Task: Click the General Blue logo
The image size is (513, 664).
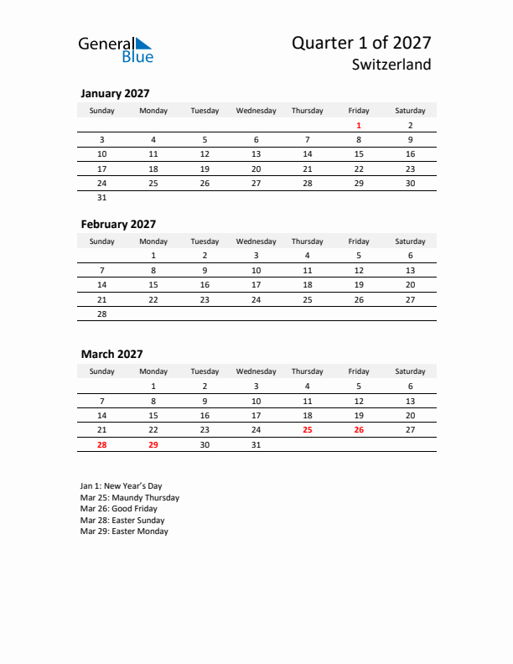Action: (x=116, y=49)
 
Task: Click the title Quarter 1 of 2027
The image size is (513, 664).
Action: (x=361, y=43)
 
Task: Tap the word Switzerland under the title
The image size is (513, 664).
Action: (x=392, y=65)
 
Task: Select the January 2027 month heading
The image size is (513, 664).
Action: (x=115, y=94)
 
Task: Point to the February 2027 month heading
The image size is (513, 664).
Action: (x=118, y=224)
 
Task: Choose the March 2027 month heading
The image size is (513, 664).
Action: (x=111, y=354)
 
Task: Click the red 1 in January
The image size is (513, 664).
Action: (x=359, y=126)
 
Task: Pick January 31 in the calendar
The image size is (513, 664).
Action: (x=102, y=198)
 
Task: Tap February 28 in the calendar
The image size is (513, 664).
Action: (x=102, y=314)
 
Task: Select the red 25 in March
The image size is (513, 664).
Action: (x=307, y=429)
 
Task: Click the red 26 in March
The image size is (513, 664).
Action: (x=359, y=429)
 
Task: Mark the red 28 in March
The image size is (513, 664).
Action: (x=102, y=444)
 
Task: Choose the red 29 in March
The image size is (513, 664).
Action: (x=153, y=444)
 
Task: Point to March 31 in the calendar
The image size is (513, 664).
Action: (x=256, y=444)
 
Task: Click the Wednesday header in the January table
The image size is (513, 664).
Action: (x=256, y=111)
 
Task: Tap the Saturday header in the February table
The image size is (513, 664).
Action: (x=410, y=241)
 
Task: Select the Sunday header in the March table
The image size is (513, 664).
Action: (x=102, y=371)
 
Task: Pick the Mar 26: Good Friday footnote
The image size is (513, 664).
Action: (x=118, y=508)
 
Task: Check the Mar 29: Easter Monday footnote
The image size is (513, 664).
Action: (x=124, y=531)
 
